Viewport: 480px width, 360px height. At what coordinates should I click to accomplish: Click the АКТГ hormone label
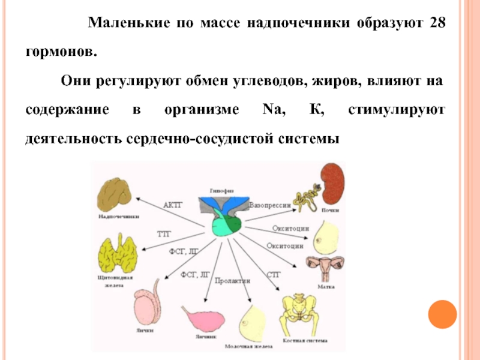pyautogui.click(x=173, y=205)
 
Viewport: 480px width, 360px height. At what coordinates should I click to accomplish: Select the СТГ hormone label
pyautogui.click(x=273, y=274)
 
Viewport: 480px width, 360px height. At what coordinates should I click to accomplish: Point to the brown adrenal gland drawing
pyautogui.click(x=116, y=193)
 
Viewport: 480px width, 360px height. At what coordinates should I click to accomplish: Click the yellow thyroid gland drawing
pyautogui.click(x=116, y=256)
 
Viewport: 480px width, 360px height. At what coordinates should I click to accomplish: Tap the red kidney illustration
pyautogui.click(x=331, y=185)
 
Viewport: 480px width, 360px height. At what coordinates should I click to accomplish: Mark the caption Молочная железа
pyautogui.click(x=248, y=346)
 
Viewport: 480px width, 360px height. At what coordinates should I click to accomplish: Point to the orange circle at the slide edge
pyautogui.click(x=442, y=313)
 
